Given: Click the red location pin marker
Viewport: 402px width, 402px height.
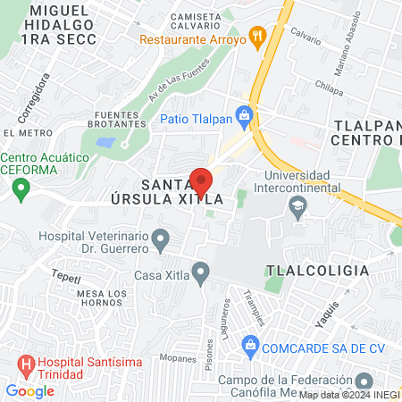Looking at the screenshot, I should [x=201, y=181].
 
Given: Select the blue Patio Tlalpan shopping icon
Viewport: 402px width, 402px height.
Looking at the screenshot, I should [x=245, y=118].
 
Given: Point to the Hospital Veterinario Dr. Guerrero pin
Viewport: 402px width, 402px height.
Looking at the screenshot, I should [x=161, y=239].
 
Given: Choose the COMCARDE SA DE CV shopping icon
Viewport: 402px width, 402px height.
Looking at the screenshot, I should [x=252, y=345].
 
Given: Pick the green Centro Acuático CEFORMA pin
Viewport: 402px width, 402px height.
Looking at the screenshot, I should [x=20, y=189].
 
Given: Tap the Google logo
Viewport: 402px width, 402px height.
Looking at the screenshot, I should [x=29, y=390].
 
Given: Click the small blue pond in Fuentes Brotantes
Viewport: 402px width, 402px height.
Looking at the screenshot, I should [x=105, y=142].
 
